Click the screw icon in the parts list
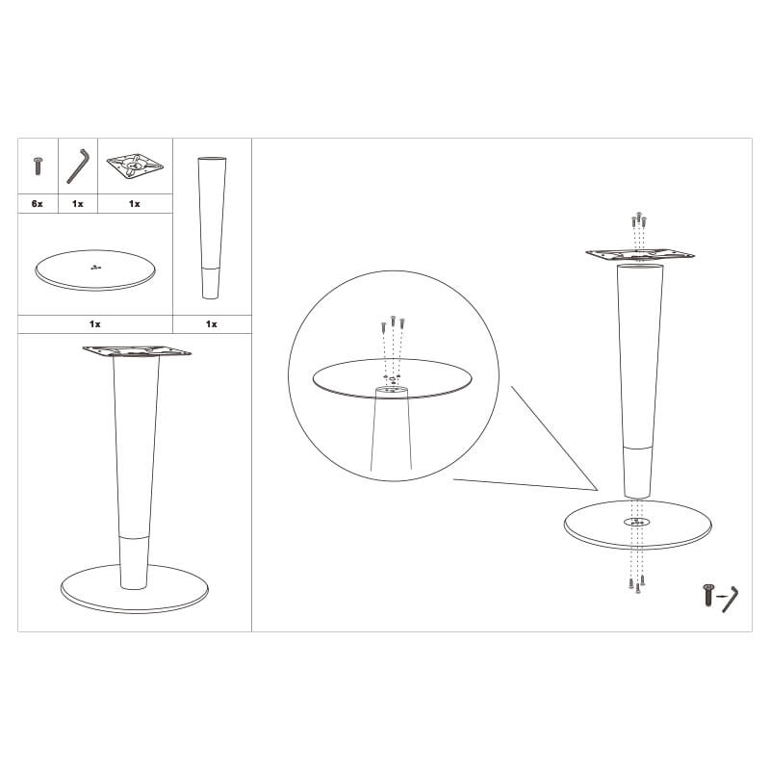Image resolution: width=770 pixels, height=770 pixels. click(x=38, y=166)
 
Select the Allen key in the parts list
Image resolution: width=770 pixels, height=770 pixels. click(x=79, y=166)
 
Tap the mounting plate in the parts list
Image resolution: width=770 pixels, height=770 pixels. click(x=135, y=167)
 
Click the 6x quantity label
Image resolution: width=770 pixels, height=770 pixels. click(x=38, y=204)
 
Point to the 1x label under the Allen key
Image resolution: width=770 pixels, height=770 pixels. click(x=78, y=204)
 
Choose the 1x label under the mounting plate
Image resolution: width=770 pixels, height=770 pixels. click(x=135, y=204)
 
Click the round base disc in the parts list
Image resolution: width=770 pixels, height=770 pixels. click(x=95, y=270)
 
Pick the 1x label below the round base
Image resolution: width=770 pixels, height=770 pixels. click(x=94, y=324)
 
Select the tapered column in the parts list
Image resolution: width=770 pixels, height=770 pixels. click(x=212, y=228)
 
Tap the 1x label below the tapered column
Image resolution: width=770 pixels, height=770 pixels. click(x=211, y=324)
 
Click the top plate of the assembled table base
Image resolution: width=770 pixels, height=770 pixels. click(x=137, y=350)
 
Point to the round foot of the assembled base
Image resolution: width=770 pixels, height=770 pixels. click(x=135, y=588)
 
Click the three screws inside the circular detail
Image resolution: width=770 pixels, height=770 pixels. click(x=393, y=323)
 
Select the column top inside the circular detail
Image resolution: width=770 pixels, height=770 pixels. click(x=392, y=390)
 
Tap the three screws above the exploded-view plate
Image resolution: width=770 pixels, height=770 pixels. click(x=638, y=219)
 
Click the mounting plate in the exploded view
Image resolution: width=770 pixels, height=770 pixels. click(x=640, y=254)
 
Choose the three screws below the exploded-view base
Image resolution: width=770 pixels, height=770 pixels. click(x=637, y=584)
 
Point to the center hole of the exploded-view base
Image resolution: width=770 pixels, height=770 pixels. click(x=637, y=522)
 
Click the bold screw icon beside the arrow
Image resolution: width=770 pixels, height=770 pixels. click(x=707, y=594)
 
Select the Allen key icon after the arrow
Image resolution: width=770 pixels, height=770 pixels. click(x=731, y=599)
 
